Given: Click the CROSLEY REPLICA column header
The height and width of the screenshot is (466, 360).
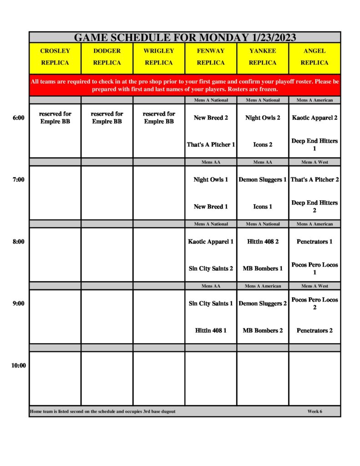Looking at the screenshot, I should (55, 57).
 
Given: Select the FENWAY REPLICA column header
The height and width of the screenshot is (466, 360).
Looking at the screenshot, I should (211, 57).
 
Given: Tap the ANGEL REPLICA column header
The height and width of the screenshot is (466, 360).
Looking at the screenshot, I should (314, 57).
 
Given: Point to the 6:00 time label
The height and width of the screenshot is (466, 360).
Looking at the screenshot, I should (19, 118).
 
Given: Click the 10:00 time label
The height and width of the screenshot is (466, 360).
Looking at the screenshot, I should (19, 365).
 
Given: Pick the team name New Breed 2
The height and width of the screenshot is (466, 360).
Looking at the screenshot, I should (211, 118).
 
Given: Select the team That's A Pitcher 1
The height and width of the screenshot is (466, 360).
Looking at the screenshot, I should (211, 145).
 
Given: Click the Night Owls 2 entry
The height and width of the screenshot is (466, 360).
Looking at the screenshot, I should (263, 118).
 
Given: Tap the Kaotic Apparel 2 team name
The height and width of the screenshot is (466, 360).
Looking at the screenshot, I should (314, 118).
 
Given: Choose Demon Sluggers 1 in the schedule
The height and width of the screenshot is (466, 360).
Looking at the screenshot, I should (263, 180).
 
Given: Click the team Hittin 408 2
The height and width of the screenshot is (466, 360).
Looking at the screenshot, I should (263, 242).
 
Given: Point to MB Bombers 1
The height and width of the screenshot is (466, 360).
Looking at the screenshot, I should (263, 268).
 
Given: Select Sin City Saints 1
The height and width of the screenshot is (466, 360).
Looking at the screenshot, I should (211, 304).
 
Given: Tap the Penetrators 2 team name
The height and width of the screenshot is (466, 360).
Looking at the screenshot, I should (314, 330).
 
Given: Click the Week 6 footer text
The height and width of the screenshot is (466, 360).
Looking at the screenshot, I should (314, 411).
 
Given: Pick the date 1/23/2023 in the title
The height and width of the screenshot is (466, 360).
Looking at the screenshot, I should (272, 37).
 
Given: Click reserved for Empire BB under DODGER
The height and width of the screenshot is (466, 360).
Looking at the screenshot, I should (107, 118).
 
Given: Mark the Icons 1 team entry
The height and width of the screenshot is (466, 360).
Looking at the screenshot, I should (263, 207).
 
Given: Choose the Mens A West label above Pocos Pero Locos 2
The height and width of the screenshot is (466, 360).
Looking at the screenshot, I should (314, 286).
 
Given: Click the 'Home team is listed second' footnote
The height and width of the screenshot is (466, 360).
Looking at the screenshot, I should (103, 411).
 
